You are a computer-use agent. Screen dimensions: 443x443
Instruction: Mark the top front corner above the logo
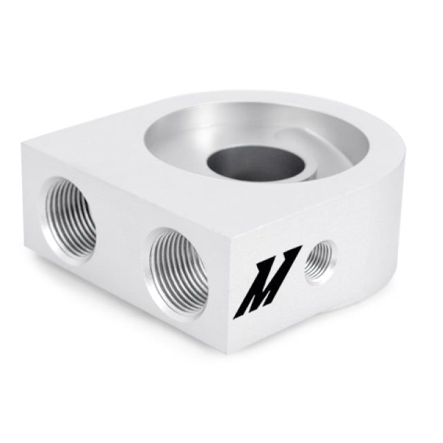pos(232,228)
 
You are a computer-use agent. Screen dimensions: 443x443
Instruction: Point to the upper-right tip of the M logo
pos(298,247)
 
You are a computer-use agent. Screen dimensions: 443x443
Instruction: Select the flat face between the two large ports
pos(122,235)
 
